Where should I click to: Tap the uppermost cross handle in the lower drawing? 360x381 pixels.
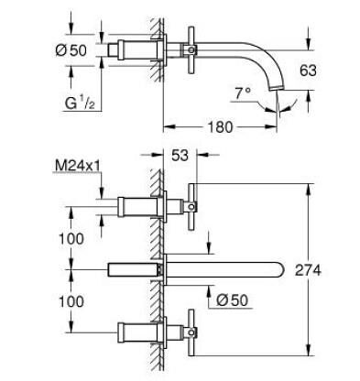click(x=192, y=201)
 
